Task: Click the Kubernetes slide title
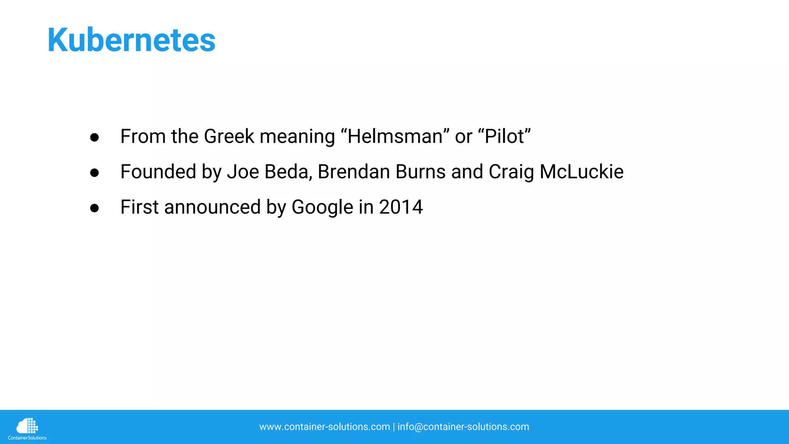131,40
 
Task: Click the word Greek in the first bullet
229,136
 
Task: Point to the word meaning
297,137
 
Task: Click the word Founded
158,172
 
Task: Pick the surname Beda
288,172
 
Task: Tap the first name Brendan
354,172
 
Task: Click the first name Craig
511,173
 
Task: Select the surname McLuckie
581,172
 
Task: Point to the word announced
212,207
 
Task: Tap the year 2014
401,207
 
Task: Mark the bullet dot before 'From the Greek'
94,138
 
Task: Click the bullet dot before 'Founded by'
94,173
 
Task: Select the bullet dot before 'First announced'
94,209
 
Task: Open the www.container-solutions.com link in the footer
324,427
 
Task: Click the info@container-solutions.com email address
463,427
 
